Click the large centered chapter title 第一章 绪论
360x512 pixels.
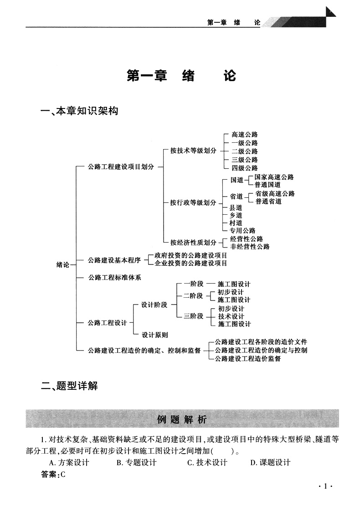pyautogui.click(x=181, y=76)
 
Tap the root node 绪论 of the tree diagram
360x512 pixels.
pyautogui.click(x=62, y=265)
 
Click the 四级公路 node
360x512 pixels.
pyautogui.click(x=244, y=168)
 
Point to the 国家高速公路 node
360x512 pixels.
pyautogui.click(x=274, y=177)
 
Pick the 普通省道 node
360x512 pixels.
pyautogui.click(x=268, y=202)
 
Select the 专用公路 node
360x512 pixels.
pyautogui.click(x=242, y=231)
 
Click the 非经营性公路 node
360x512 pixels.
pyautogui.click(x=250, y=247)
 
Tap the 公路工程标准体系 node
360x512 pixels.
pyautogui.click(x=115, y=277)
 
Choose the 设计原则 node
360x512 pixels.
pyautogui.click(x=154, y=335)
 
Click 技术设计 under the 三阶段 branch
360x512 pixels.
pyautogui.click(x=231, y=316)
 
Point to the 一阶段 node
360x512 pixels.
pyautogui.click(x=193, y=284)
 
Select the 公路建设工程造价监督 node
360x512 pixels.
pyautogui.click(x=247, y=358)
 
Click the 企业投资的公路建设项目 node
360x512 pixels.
pyautogui.click(x=191, y=263)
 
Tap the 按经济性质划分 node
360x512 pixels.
pyautogui.click(x=193, y=242)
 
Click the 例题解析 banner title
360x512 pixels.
pyautogui.click(x=182, y=419)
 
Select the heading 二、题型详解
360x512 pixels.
pyautogui.click(x=69, y=387)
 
